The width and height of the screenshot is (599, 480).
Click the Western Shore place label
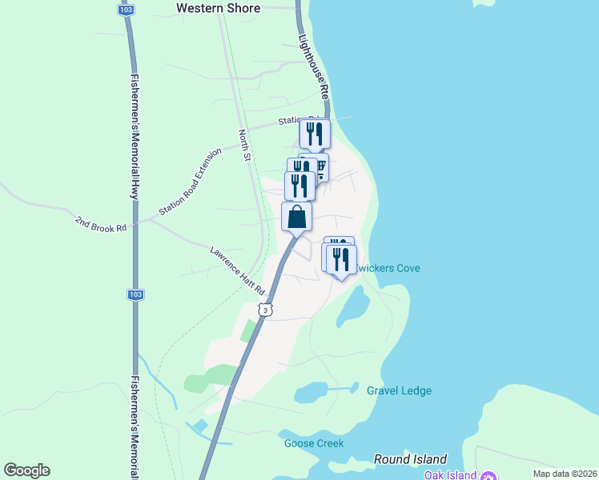(x=218, y=8)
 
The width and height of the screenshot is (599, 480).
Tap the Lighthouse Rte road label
(x=313, y=66)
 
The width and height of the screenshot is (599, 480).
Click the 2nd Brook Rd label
(x=101, y=223)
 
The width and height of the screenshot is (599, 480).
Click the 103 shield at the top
(x=125, y=10)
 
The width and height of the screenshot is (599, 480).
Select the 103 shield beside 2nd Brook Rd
(x=135, y=294)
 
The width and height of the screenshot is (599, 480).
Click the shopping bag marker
(x=296, y=217)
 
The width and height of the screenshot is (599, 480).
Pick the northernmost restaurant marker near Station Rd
(x=315, y=133)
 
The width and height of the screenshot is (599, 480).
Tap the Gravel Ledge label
(x=399, y=390)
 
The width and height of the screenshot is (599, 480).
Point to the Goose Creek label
(x=314, y=443)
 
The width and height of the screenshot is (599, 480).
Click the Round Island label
(x=410, y=459)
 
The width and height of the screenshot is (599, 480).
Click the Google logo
(x=26, y=470)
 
